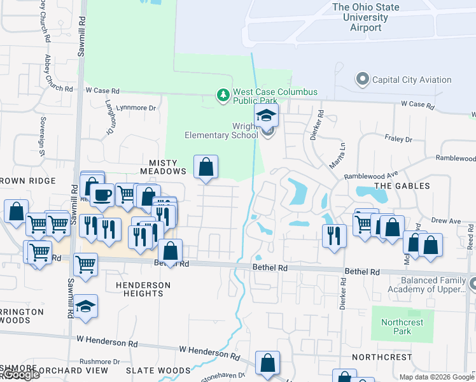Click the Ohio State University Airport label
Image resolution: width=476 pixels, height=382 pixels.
[366, 17]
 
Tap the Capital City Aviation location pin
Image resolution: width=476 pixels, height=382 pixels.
[363, 80]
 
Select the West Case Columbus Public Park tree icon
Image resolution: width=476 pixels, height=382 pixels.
[223, 95]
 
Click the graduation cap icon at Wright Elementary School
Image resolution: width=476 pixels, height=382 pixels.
[267, 116]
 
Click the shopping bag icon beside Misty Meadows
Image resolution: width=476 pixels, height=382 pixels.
[206, 167]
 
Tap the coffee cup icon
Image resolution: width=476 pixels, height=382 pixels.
[102, 195]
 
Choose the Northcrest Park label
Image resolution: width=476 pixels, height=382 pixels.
[402, 327]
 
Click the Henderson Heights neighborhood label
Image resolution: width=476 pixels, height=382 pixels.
[144, 289]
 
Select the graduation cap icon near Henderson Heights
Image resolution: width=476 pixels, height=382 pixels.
[85, 307]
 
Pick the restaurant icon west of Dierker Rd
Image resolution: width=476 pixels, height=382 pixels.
[334, 236]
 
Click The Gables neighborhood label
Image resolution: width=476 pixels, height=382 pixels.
[402, 186]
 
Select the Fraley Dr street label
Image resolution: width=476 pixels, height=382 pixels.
[399, 139]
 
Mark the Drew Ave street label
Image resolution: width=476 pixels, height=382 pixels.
[445, 221]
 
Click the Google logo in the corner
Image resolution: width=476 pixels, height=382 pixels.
[20, 374]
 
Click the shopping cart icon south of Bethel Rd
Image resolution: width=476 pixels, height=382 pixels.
[85, 264]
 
